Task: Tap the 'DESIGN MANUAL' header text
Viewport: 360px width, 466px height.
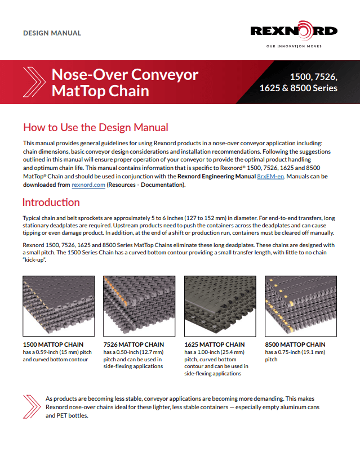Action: tap(52, 33)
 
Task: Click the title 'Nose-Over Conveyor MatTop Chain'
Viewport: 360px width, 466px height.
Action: tap(125, 82)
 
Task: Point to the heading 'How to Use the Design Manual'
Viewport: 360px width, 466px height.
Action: tap(95, 128)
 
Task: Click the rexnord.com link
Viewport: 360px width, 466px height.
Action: tap(88, 185)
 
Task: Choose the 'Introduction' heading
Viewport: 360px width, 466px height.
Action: tap(51, 202)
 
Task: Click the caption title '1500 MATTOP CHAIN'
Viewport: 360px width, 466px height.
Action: tap(53, 344)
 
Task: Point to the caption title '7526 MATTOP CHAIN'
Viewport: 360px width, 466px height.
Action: tap(134, 344)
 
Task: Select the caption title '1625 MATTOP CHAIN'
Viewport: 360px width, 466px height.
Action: tap(215, 344)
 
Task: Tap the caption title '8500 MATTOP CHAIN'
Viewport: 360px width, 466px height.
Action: tap(295, 344)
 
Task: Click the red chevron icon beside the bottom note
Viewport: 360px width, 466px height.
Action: tap(31, 406)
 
